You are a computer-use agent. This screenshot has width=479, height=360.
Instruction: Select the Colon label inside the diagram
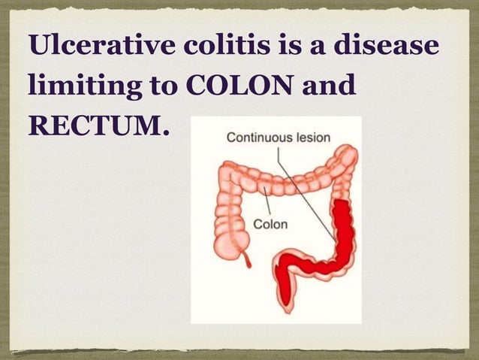click(x=270, y=223)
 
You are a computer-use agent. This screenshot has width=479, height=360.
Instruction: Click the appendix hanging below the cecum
click(x=249, y=261)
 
